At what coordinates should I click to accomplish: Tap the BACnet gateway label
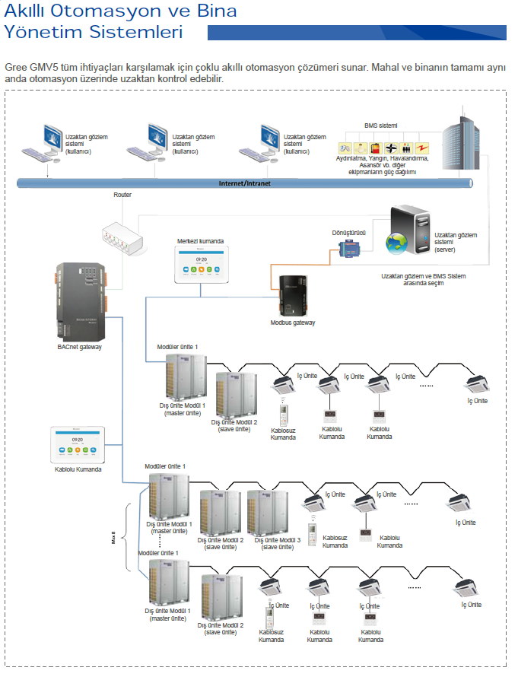[x=79, y=347]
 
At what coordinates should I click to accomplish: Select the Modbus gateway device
[x=292, y=294]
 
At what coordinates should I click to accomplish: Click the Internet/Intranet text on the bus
[x=245, y=183]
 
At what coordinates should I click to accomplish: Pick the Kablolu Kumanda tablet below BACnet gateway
[x=77, y=445]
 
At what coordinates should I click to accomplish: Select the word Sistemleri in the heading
[x=134, y=32]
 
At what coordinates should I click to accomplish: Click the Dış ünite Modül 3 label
[x=278, y=540]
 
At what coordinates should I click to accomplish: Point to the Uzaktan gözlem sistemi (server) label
[x=456, y=241]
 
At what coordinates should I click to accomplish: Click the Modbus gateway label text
[x=293, y=323]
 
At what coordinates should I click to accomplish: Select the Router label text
[x=122, y=195]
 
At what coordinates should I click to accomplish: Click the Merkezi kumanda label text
[x=201, y=240]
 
